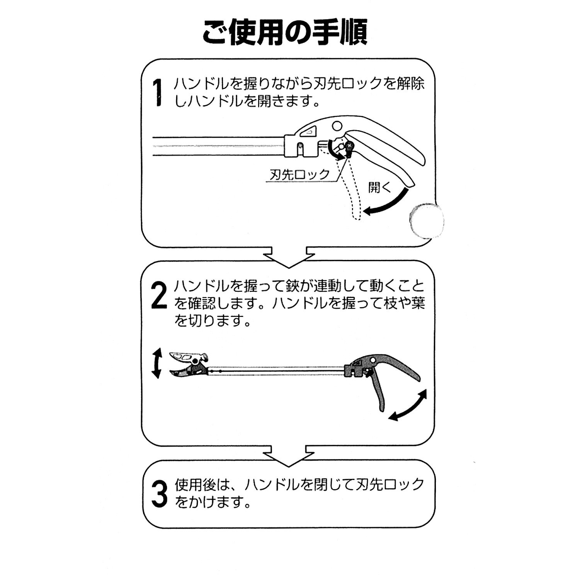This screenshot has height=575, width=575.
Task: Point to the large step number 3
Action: tap(159, 494)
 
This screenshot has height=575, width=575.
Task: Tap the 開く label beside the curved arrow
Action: tap(380, 188)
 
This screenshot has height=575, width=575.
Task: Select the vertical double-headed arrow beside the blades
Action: tap(156, 362)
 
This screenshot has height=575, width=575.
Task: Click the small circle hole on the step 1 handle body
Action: tap(337, 126)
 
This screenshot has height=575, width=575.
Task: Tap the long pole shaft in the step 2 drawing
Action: tap(277, 370)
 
